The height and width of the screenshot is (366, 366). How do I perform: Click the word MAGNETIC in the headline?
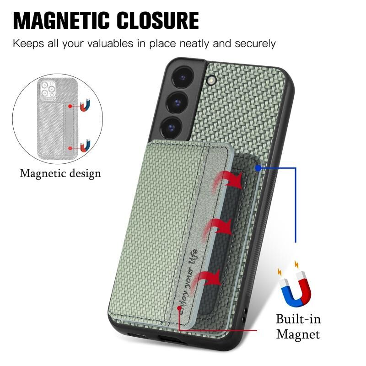pos(61,21)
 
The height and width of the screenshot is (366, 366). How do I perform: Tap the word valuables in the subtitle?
pos(110,43)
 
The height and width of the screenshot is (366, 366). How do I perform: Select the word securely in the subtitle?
pos(255,44)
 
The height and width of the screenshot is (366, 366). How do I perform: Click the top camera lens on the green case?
pos(183,77)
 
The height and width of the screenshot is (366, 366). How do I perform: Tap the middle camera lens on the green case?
pos(178,102)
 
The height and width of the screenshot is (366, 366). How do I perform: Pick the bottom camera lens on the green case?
pos(172,128)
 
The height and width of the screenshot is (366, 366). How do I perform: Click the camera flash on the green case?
pos(211,81)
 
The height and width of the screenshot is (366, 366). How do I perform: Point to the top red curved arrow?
pos(228,181)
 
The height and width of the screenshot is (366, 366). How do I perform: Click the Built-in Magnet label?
pos(298,327)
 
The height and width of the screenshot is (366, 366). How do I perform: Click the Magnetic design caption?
pos(60,173)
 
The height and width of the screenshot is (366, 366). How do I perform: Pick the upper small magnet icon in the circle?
pos(85,105)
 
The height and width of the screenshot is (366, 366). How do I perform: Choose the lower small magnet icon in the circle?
pos(85,145)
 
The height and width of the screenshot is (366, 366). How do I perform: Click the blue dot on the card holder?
pos(258,168)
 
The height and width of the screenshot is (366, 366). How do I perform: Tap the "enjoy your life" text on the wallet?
pos(188,280)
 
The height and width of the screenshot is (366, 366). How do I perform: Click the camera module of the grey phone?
pos(48,89)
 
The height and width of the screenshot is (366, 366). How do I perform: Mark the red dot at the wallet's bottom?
pos(179,308)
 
